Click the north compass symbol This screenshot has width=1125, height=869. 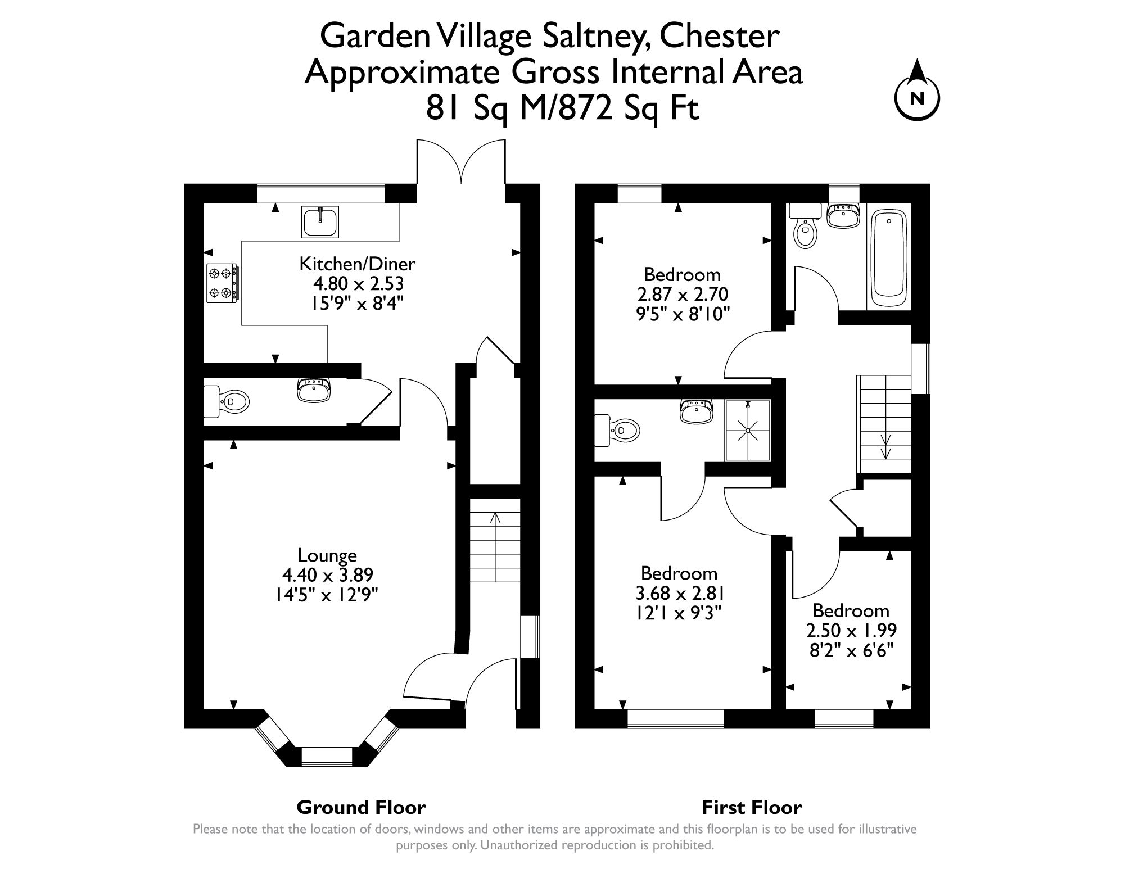(917, 97)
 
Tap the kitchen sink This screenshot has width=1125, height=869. (320, 221)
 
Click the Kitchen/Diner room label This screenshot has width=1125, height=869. (357, 264)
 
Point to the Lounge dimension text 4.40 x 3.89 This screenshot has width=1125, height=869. (328, 575)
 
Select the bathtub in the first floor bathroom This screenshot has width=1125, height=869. (888, 258)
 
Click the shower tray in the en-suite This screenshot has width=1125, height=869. (748, 430)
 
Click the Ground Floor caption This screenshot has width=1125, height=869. (361, 808)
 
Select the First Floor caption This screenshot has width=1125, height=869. (751, 808)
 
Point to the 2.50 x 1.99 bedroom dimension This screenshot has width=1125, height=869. (851, 630)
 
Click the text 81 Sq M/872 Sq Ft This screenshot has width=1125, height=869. (562, 108)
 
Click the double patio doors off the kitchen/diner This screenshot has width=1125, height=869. (461, 163)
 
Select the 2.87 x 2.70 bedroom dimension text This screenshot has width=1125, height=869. (683, 294)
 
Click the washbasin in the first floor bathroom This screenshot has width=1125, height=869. (843, 215)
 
